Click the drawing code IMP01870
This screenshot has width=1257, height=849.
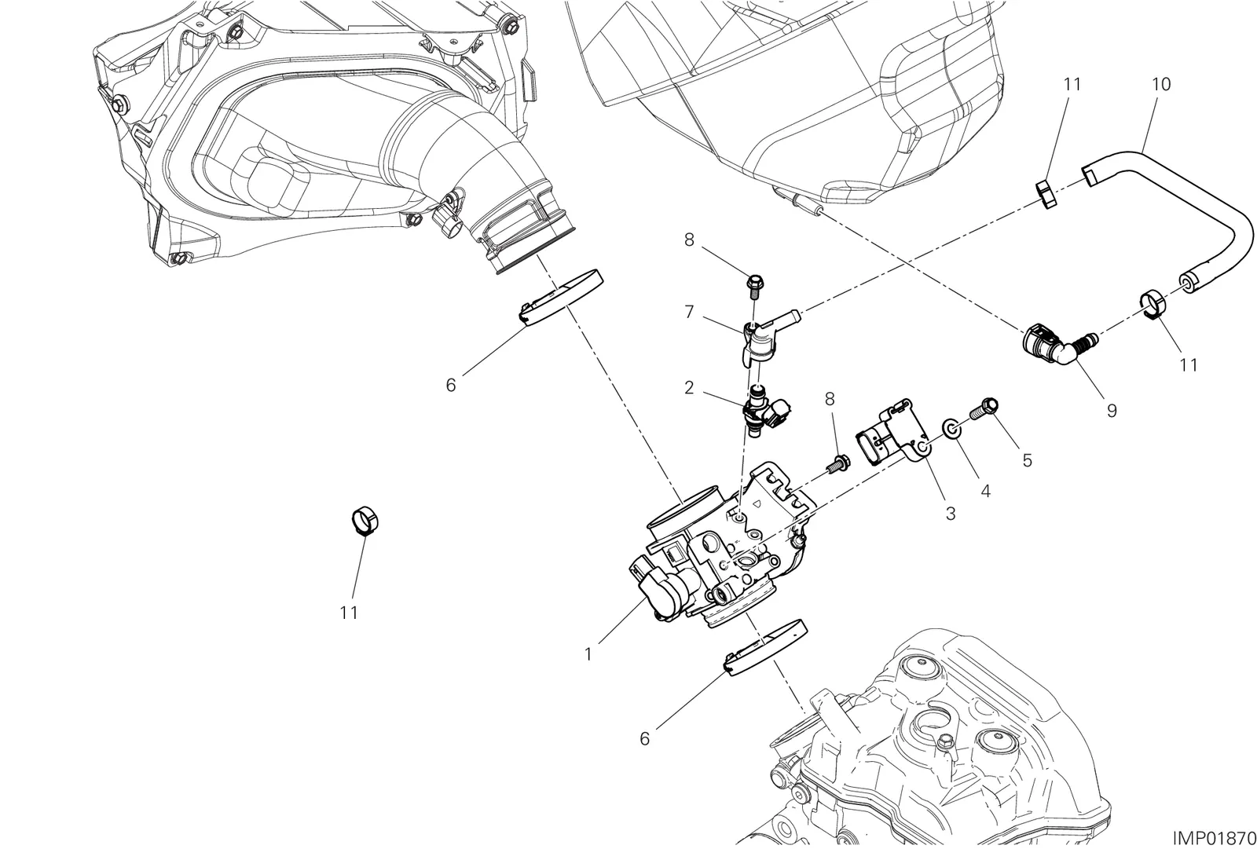1214,838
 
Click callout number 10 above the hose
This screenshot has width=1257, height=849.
1161,85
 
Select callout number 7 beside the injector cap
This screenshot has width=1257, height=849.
689,312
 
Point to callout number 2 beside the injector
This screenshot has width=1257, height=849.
689,388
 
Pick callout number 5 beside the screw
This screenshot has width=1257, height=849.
1027,460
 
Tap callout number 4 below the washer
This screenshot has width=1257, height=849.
985,491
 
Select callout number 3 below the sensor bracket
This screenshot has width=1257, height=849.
950,514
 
